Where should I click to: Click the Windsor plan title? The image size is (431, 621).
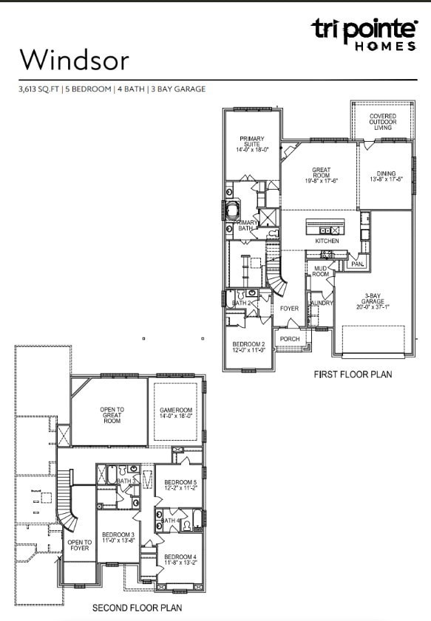pos(75,60)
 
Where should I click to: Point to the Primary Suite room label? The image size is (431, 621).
pos(251,143)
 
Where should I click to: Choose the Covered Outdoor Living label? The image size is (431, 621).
pos(382,122)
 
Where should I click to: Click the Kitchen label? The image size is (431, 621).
pos(327,241)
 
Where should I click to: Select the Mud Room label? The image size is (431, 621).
pos(321,271)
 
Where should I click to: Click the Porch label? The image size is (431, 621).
pos(290,340)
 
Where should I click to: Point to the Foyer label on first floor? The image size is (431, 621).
pos(288,309)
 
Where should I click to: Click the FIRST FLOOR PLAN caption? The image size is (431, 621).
pos(353,375)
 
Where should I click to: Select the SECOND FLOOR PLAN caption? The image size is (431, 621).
pos(137,608)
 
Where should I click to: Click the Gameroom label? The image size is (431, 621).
pos(176,413)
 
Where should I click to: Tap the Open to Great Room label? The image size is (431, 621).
pos(112,415)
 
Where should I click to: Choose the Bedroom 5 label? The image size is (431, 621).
pos(180,485)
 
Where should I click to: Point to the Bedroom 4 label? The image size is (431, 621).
pos(180,560)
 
